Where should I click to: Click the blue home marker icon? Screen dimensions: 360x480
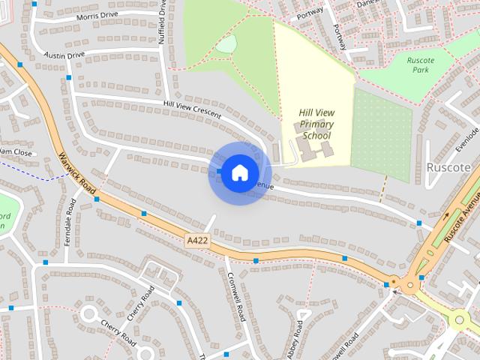(x=238, y=172)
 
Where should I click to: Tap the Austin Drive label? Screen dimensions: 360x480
(x=65, y=55)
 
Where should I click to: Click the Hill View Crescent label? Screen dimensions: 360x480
(x=191, y=108)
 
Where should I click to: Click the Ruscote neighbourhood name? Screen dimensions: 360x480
(x=448, y=166)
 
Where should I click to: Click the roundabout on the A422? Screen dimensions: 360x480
(x=409, y=284)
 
